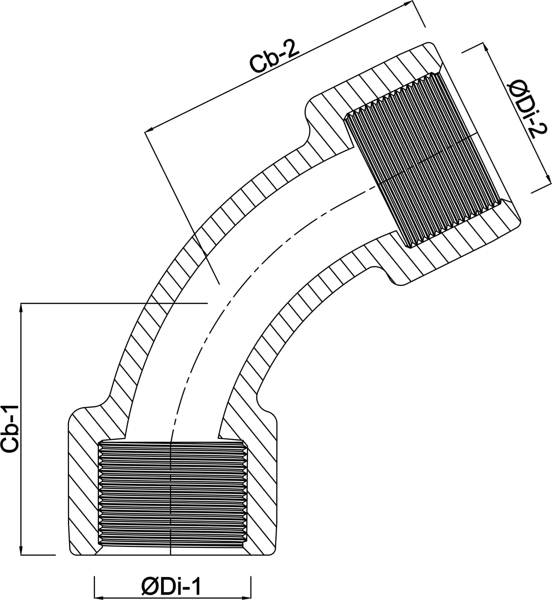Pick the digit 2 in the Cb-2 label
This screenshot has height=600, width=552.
(291, 51)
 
